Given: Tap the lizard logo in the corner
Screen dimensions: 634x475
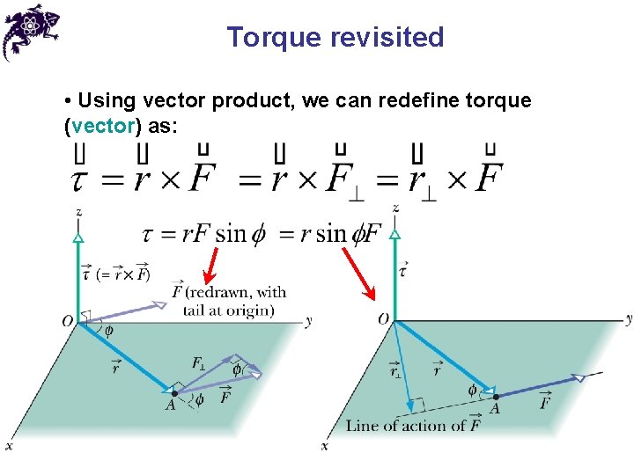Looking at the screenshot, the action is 32,30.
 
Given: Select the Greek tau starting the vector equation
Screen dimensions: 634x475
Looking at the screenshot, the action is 79,181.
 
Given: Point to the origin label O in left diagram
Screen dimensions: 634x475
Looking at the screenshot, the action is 68,322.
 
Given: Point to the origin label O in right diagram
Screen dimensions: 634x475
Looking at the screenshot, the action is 383,318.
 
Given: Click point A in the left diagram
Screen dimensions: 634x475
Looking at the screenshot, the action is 174,393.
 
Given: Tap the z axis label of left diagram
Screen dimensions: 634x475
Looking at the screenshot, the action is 79,212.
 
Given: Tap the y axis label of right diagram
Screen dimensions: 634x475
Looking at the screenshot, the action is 628,318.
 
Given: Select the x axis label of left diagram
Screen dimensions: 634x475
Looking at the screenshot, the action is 9,447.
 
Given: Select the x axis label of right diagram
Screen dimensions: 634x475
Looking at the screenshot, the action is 324,447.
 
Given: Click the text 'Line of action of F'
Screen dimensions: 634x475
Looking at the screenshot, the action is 413,426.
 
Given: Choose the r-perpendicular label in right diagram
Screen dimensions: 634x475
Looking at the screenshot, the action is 394,371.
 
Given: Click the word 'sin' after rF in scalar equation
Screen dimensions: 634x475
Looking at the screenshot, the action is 232,233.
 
